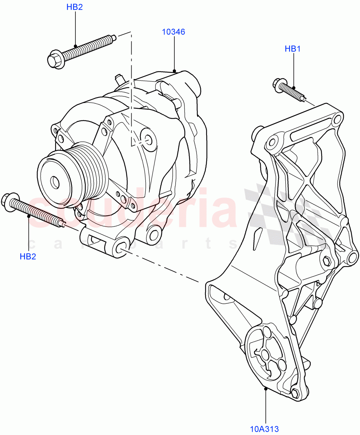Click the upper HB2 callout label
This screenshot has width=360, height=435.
pyautogui.click(x=75, y=7)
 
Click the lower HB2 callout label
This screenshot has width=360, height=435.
pyautogui.click(x=28, y=257)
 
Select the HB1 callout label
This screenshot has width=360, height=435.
pyautogui.click(x=292, y=49)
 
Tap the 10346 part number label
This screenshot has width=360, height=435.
pyautogui.click(x=173, y=32)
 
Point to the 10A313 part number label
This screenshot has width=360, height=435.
pyautogui.click(x=264, y=429)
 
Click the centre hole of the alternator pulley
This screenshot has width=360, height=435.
pyautogui.click(x=55, y=182)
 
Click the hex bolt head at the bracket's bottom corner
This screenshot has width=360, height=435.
pyautogui.click(x=295, y=393)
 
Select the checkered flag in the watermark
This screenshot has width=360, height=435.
pyautogui.click(x=286, y=214)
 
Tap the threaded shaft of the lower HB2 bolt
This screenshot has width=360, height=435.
pyautogui.click(x=40, y=214)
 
